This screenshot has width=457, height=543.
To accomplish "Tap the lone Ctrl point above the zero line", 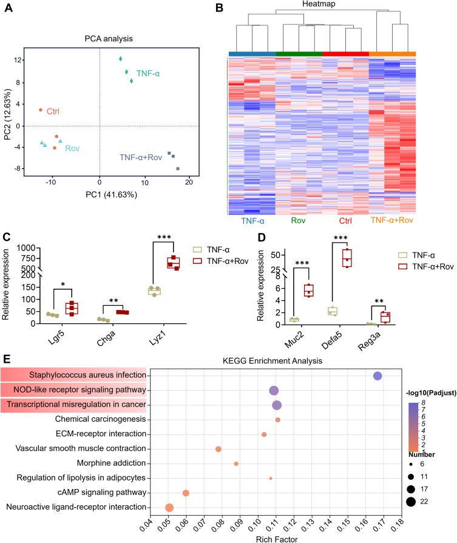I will (41, 110).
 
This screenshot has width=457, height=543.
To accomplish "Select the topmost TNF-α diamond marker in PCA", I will (121, 59).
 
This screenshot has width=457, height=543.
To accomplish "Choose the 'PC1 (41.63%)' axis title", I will (112, 195).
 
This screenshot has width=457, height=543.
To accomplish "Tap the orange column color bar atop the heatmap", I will (392, 53).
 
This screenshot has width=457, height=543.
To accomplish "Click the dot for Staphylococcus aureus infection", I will (377, 376).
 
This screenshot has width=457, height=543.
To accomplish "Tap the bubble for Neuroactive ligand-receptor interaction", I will (169, 507).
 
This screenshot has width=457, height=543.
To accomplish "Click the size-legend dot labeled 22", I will (411, 501).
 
